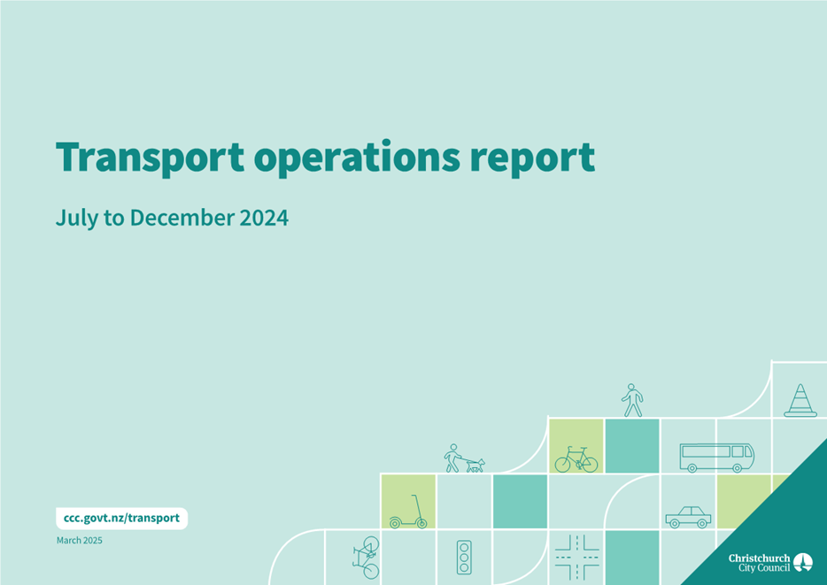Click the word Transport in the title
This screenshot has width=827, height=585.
pos(151,158)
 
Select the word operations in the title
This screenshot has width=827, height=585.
pos(357,158)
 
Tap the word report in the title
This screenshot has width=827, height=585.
pos(533,158)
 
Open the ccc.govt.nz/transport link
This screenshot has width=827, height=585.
pos(122,518)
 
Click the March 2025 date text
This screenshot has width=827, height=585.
pos(80,540)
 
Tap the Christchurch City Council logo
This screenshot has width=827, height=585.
pos(770,562)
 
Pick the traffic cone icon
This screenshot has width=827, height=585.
pos(800,401)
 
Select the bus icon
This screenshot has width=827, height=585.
pos(717,458)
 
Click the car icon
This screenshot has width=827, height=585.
pos(688,517)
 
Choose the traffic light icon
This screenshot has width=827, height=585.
pos(464,557)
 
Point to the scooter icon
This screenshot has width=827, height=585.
pos(408,512)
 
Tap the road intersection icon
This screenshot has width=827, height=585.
pos(577,557)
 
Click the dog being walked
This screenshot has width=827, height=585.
pos(475,466)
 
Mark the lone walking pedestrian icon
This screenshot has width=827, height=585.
pos(632,400)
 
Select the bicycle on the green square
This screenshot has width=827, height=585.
pos(576,459)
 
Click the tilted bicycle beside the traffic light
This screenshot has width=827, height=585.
pos(366,558)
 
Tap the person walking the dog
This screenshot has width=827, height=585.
pos(452,458)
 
